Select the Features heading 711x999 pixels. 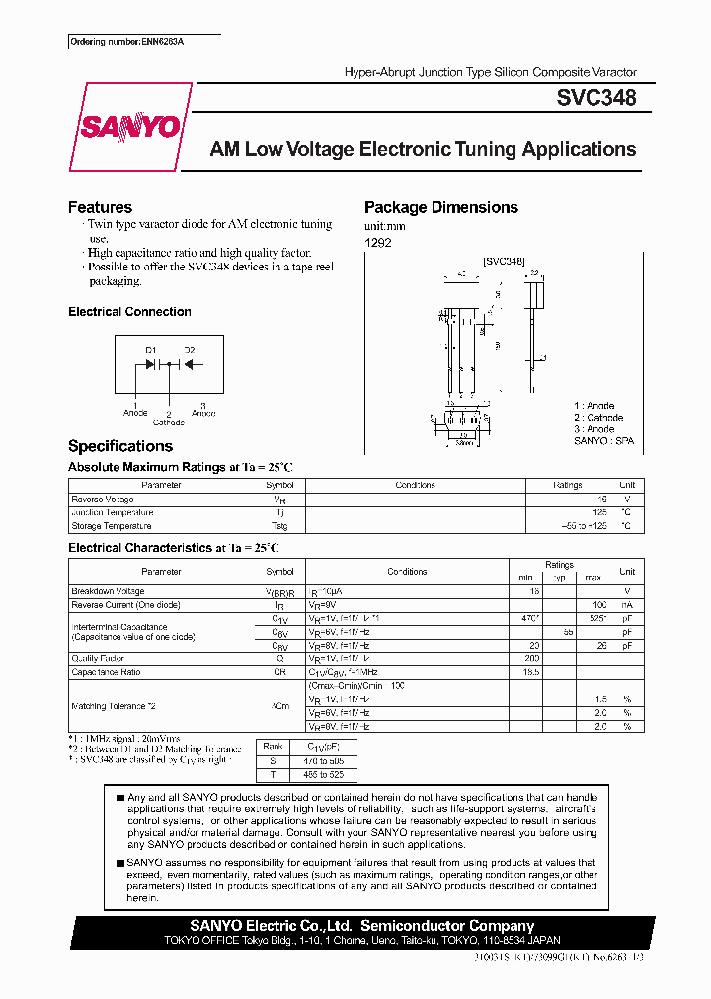[x=100, y=207]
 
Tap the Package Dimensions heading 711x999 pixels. [x=440, y=207]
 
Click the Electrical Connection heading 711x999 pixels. [x=129, y=312]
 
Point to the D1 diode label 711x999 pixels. [x=151, y=350]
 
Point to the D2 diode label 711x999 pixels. [x=190, y=350]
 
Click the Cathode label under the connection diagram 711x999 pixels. [x=168, y=422]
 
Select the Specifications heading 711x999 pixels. [x=120, y=446]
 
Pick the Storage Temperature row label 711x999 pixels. [x=112, y=526]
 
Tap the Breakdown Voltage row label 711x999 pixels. [x=108, y=591]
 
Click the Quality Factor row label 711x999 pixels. [x=98, y=658]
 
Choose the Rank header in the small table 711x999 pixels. [x=274, y=747]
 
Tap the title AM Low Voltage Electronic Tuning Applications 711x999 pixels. [x=423, y=150]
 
